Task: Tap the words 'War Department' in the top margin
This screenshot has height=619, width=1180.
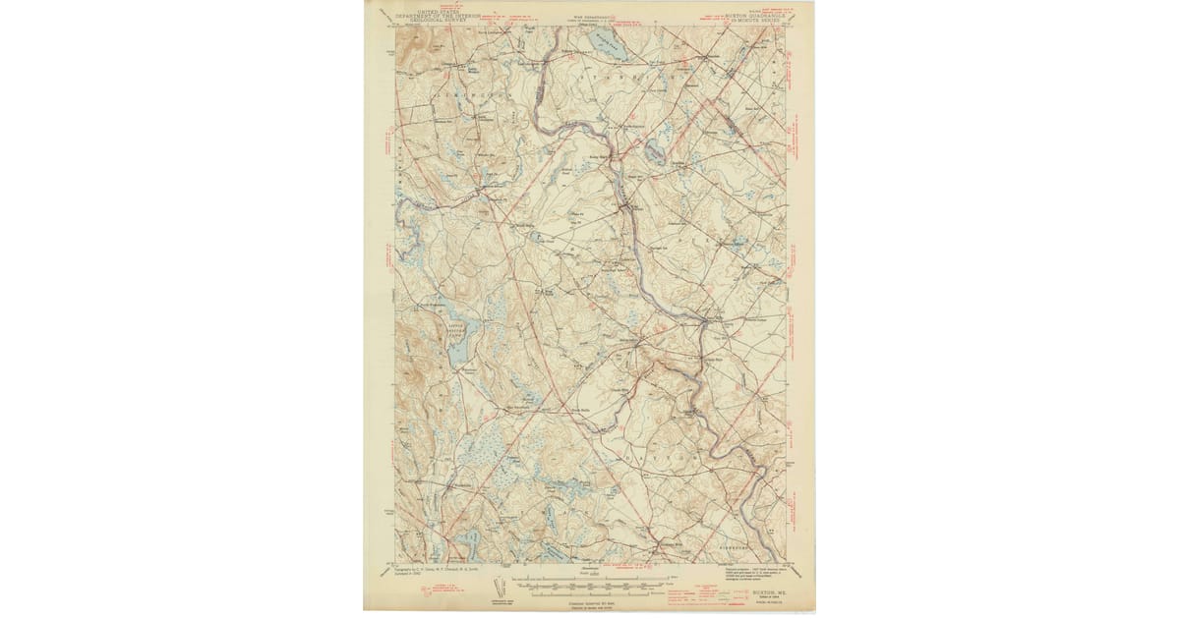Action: click(589, 15)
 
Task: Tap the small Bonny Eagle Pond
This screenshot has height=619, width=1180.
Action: click(652, 151)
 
